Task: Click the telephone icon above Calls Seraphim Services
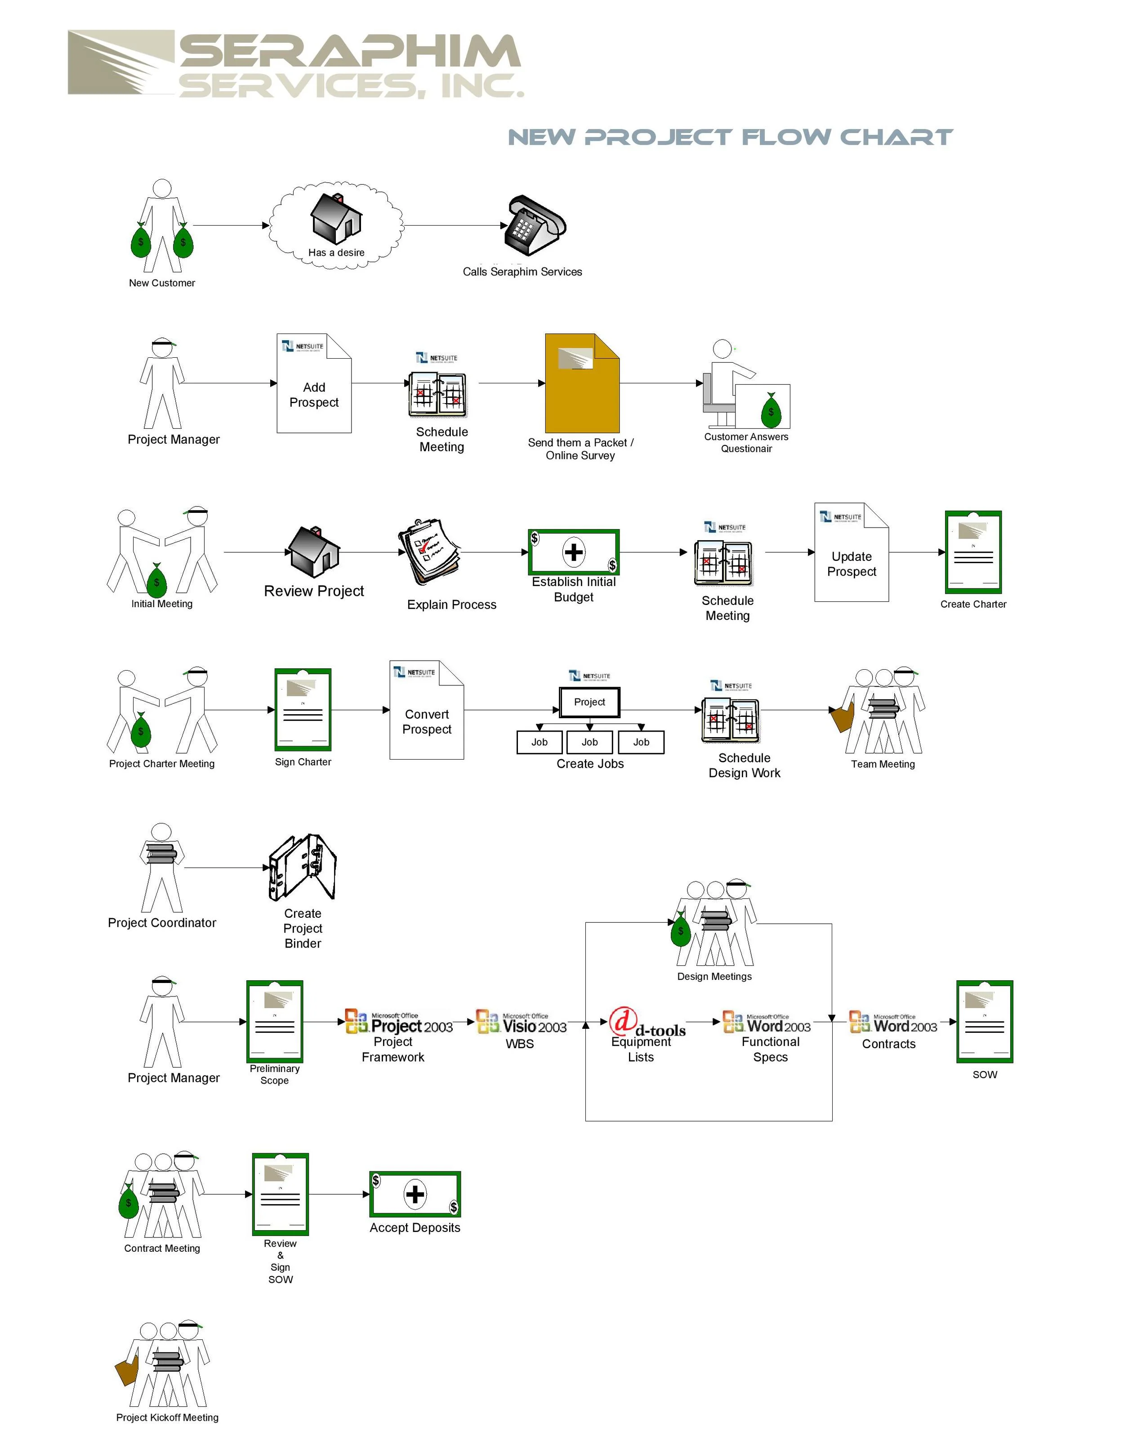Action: coord(535,225)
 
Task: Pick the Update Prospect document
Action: coord(851,552)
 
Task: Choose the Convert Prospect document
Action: coord(426,710)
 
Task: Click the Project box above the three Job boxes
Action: coord(589,702)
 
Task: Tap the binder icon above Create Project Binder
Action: coord(303,867)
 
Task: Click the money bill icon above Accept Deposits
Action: coord(415,1194)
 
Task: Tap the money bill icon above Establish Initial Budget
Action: coord(573,552)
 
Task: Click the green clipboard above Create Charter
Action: coord(973,552)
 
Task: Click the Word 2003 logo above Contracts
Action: coord(893,1022)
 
